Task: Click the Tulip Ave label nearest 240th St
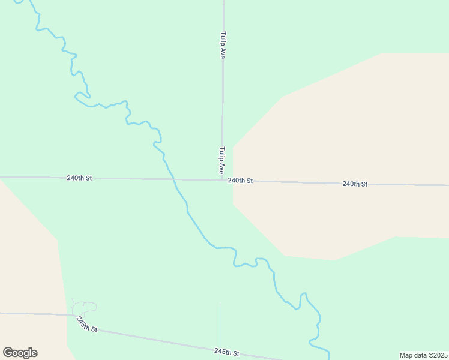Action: click(x=221, y=160)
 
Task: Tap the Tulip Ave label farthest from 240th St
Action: click(x=222, y=45)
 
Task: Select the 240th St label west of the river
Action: click(x=79, y=178)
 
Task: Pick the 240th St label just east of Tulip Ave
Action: click(x=240, y=181)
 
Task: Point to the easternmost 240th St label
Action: click(x=355, y=184)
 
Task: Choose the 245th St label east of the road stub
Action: click(x=227, y=352)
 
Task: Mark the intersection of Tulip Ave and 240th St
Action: click(x=222, y=179)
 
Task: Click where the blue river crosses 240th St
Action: click(x=173, y=179)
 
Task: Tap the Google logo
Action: click(x=20, y=353)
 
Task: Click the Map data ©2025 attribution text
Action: click(x=423, y=355)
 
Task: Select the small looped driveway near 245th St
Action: click(x=84, y=308)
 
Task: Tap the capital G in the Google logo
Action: click(x=8, y=353)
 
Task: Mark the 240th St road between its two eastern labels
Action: click(x=297, y=182)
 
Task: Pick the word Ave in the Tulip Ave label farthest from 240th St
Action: click(x=222, y=53)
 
